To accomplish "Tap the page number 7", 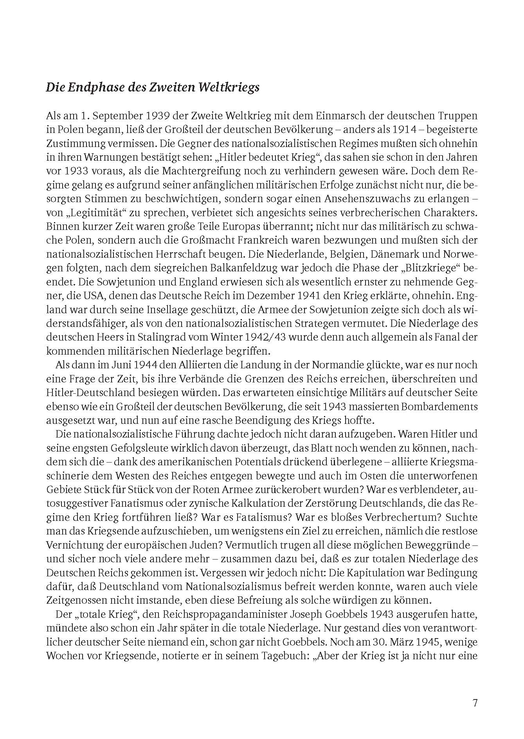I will pos(475,692).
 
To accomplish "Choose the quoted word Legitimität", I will pos(92,213).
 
